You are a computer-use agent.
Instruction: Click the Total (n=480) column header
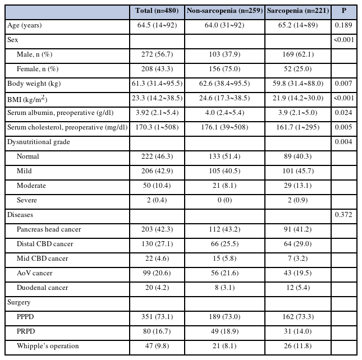click(x=157, y=11)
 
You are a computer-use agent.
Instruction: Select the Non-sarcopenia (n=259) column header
click(x=224, y=11)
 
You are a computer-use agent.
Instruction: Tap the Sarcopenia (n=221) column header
click(x=298, y=11)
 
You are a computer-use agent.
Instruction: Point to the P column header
click(x=344, y=11)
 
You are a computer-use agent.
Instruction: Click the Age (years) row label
click(x=25, y=25)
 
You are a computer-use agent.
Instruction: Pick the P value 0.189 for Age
click(x=343, y=25)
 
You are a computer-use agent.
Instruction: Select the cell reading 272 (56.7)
click(x=157, y=54)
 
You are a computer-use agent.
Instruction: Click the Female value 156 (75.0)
click(x=224, y=69)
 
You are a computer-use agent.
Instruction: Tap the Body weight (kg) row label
click(x=34, y=84)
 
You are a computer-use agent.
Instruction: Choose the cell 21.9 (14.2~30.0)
click(x=298, y=98)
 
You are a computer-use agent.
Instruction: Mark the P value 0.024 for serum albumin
click(x=343, y=113)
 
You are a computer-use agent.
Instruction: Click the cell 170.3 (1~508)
click(x=157, y=127)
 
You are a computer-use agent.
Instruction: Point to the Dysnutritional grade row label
click(x=39, y=142)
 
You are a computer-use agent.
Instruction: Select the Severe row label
click(x=27, y=200)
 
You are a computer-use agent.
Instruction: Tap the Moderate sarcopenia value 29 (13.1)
click(x=298, y=186)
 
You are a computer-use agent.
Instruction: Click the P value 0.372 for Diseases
click(x=343, y=215)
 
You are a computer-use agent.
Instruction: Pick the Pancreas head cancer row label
click(x=49, y=229)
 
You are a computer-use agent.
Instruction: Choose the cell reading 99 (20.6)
click(x=157, y=273)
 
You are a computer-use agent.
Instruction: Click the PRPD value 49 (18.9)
click(x=224, y=331)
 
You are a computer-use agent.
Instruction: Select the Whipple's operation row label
click(x=48, y=346)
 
